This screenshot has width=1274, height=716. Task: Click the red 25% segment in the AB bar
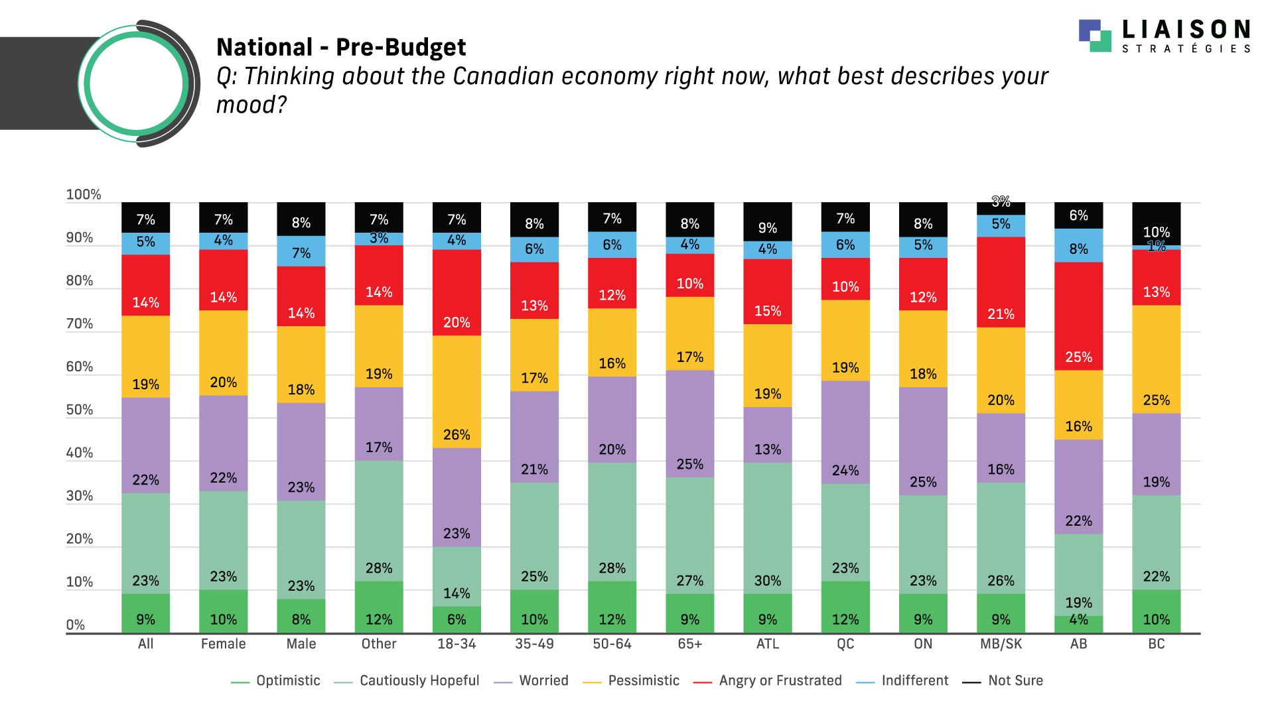[x=1078, y=316]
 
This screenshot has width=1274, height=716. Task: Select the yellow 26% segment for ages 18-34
[x=457, y=391]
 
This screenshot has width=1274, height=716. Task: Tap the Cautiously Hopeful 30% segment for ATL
[x=768, y=528]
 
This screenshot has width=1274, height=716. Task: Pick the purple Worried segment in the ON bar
[x=923, y=441]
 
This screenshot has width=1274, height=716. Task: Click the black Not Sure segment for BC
[x=1156, y=223]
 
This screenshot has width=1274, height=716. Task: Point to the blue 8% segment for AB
[x=1078, y=245]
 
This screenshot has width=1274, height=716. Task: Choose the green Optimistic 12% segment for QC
[x=845, y=607]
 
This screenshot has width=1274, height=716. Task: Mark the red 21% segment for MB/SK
[x=1001, y=282]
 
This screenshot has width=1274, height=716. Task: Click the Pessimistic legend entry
[x=643, y=681]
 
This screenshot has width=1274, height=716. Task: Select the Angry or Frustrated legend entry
[x=780, y=681]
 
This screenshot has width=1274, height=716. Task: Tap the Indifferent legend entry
[x=914, y=681]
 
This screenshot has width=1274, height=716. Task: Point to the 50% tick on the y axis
[x=80, y=410]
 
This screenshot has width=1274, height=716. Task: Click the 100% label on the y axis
[x=84, y=195]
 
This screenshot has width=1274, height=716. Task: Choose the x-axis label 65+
[x=690, y=644]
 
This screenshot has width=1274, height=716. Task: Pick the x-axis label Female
[x=223, y=644]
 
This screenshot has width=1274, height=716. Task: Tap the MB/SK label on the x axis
[x=1001, y=644]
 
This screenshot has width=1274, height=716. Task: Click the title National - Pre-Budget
[x=341, y=48]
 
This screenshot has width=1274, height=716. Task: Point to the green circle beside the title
[x=136, y=84]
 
